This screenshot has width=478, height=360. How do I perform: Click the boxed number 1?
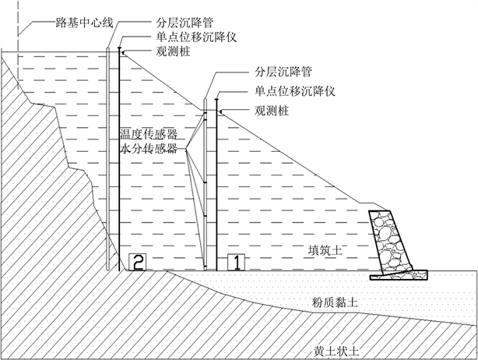tap(234, 262)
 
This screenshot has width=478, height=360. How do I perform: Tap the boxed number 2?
tap(136, 262)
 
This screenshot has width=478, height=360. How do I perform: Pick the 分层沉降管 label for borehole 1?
tap(283, 72)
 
